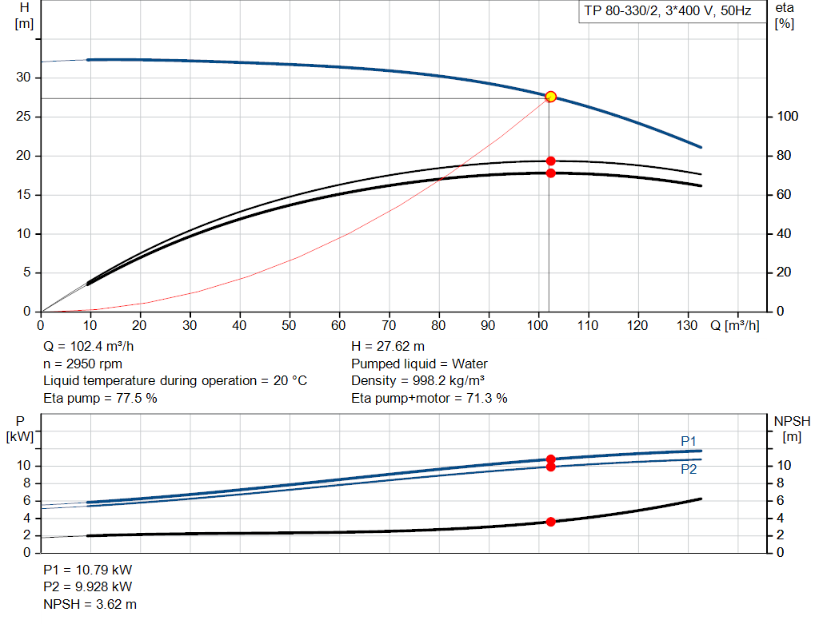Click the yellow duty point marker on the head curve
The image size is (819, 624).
[x=550, y=97]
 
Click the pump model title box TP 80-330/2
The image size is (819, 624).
[x=668, y=11]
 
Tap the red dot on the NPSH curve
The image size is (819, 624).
[x=550, y=522]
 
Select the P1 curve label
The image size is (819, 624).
[x=689, y=441]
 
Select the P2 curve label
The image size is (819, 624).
[x=689, y=470]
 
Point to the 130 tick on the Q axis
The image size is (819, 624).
[x=687, y=325]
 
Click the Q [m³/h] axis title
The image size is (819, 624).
[x=735, y=325]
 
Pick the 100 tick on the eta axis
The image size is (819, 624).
[x=788, y=117]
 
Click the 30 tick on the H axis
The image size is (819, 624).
[x=23, y=78]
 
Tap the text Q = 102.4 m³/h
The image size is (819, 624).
[x=88, y=347]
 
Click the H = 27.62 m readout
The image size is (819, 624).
[x=388, y=347]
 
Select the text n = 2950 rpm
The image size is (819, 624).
[x=82, y=364]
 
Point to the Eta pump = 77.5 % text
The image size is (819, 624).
[x=100, y=398]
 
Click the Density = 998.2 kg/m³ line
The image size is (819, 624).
[x=417, y=381]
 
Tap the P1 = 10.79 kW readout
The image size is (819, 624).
[x=88, y=570]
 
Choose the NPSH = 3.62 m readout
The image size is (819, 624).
[x=90, y=604]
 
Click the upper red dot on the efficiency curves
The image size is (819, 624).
[x=550, y=161]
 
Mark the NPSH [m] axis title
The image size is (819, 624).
[x=792, y=429]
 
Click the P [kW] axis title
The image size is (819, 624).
[x=20, y=429]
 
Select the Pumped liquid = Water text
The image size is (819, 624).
[x=419, y=364]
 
